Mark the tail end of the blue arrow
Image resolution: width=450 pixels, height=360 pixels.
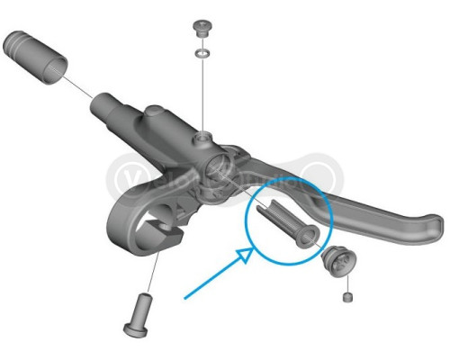[x=184, y=297]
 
